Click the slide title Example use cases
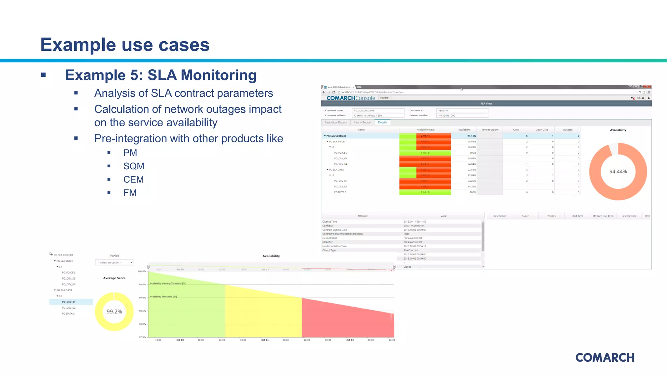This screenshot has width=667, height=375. [125, 45]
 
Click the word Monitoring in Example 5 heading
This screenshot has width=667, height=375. [219, 75]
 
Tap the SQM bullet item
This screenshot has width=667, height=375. [134, 166]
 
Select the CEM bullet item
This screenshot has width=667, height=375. [133, 179]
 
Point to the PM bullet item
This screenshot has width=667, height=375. [130, 153]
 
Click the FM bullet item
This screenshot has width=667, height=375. [130, 193]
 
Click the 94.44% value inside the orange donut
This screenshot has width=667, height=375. [618, 172]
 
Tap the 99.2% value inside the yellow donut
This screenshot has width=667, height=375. [114, 312]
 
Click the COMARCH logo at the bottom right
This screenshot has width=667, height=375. [605, 357]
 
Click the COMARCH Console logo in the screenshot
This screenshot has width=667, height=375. [350, 98]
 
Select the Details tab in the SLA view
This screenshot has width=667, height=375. [382, 122]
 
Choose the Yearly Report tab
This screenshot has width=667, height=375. [362, 122]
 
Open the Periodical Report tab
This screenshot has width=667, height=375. [335, 122]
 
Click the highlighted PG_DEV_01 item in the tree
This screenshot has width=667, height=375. [69, 302]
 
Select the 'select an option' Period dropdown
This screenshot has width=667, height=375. [114, 262]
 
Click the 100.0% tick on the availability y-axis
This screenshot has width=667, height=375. [142, 271]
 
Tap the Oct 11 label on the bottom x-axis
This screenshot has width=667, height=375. [265, 340]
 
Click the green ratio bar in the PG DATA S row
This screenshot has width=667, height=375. [425, 192]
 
